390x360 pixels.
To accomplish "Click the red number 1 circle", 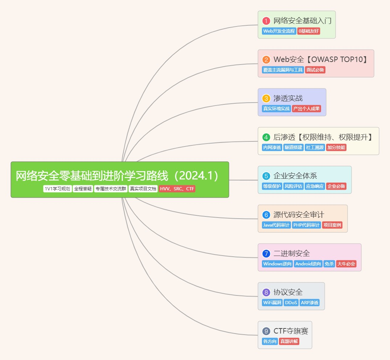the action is (x=266, y=21).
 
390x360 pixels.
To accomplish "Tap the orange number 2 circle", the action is (x=266, y=60).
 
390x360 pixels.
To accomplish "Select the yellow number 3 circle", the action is (x=266, y=99).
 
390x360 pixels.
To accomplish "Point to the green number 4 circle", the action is (x=266, y=137).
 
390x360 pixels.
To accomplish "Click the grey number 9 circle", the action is (x=266, y=331).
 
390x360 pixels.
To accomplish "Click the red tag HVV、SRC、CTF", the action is (x=177, y=189).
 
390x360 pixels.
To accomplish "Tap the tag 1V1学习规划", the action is (x=57, y=189).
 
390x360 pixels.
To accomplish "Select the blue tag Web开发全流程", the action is (x=279, y=31).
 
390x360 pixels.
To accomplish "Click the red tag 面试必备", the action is (x=315, y=70).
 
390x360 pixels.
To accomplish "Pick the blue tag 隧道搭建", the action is (x=293, y=148).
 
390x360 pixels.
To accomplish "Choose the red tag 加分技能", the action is (x=336, y=148).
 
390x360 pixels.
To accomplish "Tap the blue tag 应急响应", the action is (x=315, y=186).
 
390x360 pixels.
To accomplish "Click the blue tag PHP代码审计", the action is (x=306, y=225).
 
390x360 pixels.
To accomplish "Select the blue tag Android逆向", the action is (x=308, y=264).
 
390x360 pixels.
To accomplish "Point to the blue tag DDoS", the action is (x=291, y=303).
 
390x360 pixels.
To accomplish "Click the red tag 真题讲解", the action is (x=289, y=342).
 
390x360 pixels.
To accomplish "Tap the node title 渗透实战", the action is (x=288, y=99).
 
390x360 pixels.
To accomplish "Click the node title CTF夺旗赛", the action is (x=291, y=331).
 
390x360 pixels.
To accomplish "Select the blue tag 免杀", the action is (x=329, y=264).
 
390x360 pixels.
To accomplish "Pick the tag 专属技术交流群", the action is (x=111, y=189).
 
